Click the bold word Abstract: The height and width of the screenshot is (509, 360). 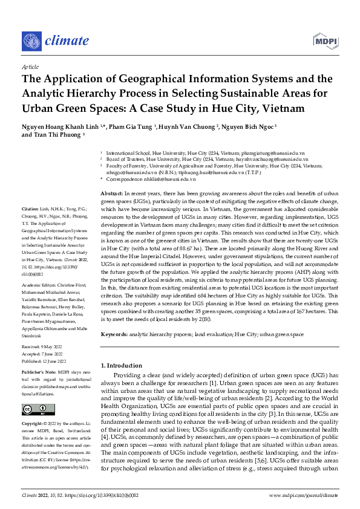(113, 191)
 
